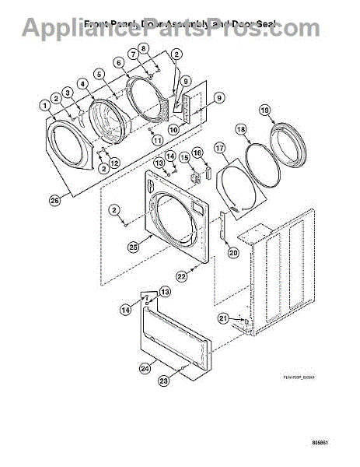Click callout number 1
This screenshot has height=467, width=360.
45,105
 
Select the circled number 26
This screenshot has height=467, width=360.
54,200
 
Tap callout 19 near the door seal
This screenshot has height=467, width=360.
265,111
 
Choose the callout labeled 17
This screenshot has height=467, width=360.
220,147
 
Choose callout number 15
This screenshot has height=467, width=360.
183,158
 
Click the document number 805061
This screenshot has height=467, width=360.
339,449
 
